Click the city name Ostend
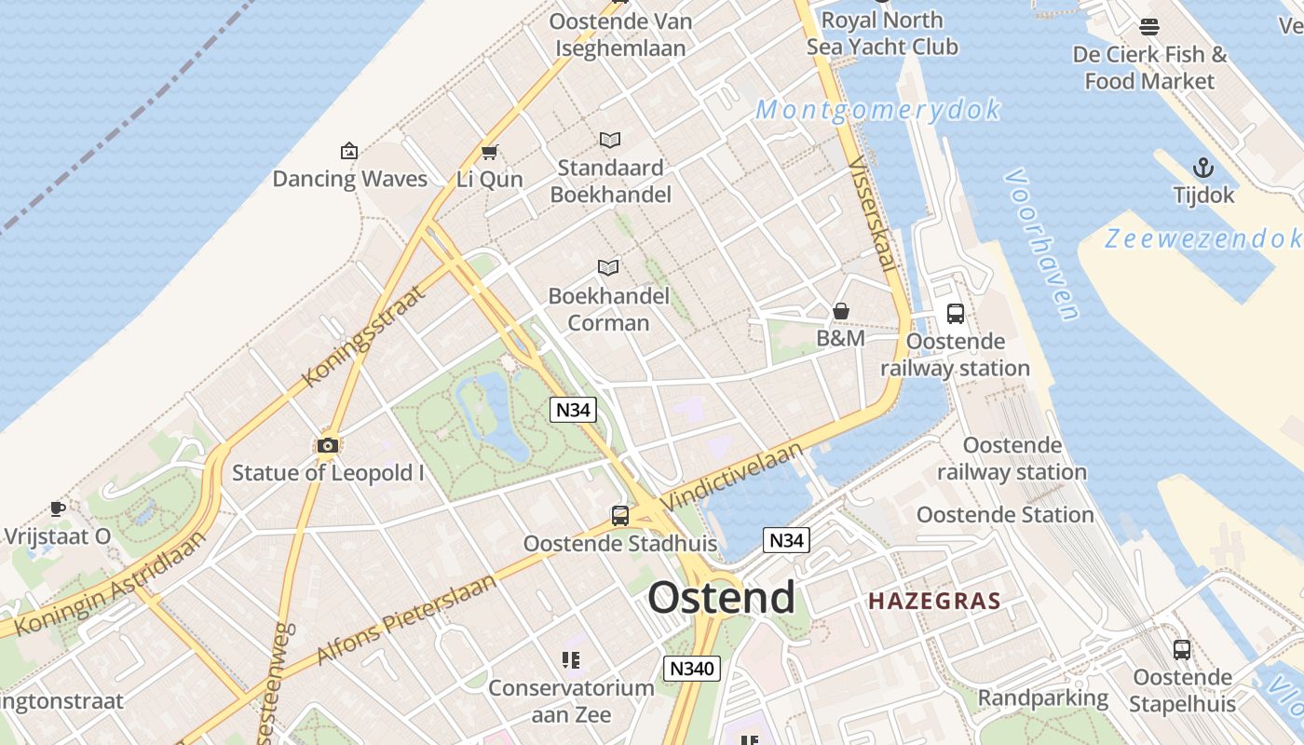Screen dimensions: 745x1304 [x=722, y=597]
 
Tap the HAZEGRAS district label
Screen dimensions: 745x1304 [x=934, y=601]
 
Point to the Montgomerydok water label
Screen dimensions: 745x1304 [x=878, y=110]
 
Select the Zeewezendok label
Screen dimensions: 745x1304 [x=1202, y=238]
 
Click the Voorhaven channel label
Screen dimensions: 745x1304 [x=1043, y=244]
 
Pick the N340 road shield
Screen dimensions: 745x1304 [x=691, y=668]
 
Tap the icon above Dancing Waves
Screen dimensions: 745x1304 [x=349, y=151]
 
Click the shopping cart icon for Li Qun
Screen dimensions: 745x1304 [x=489, y=151]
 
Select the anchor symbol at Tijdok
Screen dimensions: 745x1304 [x=1203, y=169]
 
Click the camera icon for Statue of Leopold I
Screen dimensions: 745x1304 [x=327, y=445]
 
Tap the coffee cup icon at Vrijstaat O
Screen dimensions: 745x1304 [x=58, y=508]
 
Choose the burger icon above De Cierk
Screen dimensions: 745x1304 [x=1149, y=27]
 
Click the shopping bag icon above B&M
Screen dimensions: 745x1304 [x=841, y=311]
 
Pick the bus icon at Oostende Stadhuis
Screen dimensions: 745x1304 [x=619, y=515]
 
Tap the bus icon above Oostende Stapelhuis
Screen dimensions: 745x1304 [x=1182, y=650]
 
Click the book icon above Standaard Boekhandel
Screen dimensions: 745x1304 [x=610, y=140]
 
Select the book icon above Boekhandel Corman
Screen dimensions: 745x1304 [x=608, y=268]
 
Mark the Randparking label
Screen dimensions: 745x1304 [x=1042, y=698]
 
